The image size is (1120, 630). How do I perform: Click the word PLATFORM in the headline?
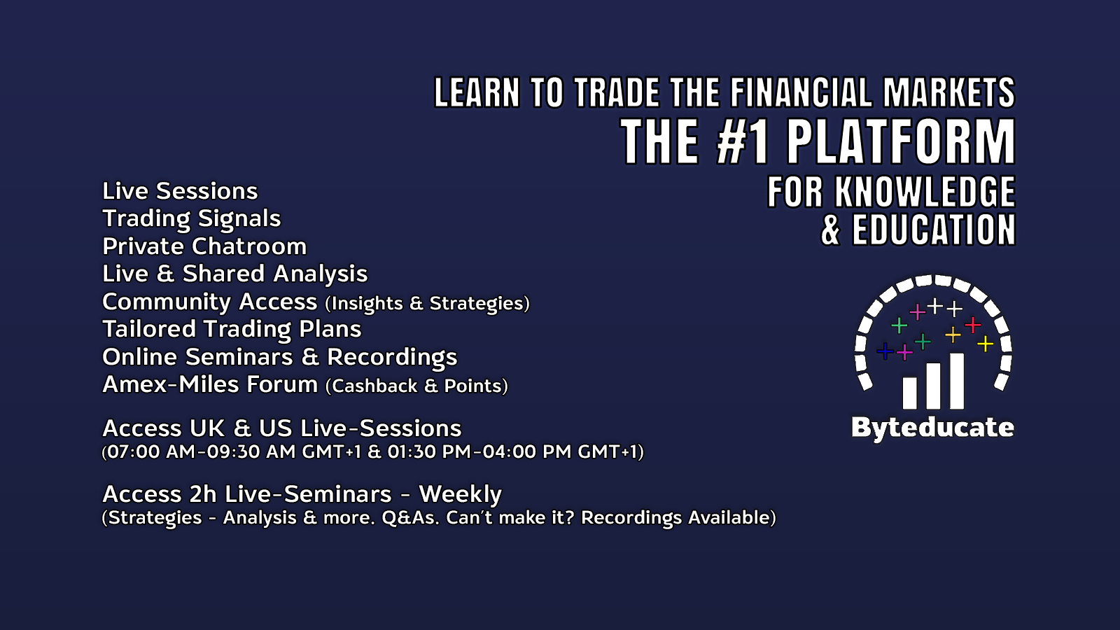click(902, 142)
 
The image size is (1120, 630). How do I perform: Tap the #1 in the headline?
click(742, 142)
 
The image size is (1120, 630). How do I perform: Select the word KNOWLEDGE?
click(925, 192)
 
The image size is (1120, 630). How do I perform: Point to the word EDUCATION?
click(934, 230)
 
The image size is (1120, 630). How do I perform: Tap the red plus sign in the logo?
click(972, 325)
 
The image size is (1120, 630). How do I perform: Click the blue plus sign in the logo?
click(885, 351)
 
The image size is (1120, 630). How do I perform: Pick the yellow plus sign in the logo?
click(985, 344)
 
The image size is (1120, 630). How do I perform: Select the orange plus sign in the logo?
click(953, 335)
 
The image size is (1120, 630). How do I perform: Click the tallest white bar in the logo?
click(956, 381)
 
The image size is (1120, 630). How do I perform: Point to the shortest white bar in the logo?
click(910, 393)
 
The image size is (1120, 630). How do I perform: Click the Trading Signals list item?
click(192, 219)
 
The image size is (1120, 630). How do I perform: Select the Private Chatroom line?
click(204, 246)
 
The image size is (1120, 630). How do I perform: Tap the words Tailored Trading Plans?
click(232, 329)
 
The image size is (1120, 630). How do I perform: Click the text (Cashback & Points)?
click(416, 386)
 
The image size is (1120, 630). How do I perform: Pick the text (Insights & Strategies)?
click(427, 304)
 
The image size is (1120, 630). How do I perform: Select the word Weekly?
click(460, 494)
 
